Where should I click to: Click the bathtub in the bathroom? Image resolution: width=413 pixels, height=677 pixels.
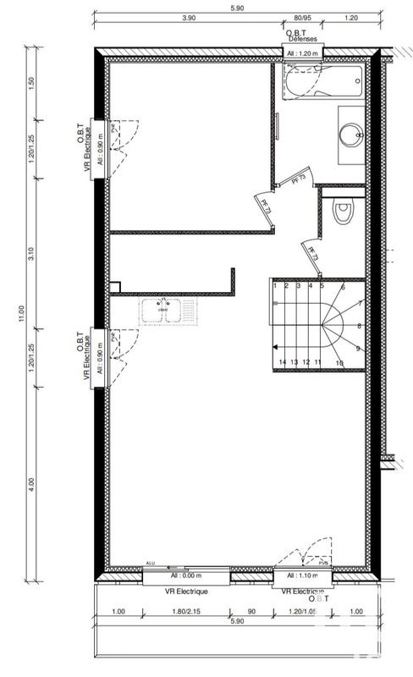click(322, 83)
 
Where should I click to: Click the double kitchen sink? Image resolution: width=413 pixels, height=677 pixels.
click(162, 311)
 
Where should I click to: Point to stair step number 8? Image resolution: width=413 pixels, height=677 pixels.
click(360, 326)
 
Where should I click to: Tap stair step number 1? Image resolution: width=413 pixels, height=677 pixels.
click(276, 286)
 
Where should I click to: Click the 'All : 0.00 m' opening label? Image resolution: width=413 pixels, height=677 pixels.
click(184, 575)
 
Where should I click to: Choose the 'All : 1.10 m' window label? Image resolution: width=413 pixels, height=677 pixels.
click(302, 575)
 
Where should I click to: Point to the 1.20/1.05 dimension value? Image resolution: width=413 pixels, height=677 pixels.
click(302, 610)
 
